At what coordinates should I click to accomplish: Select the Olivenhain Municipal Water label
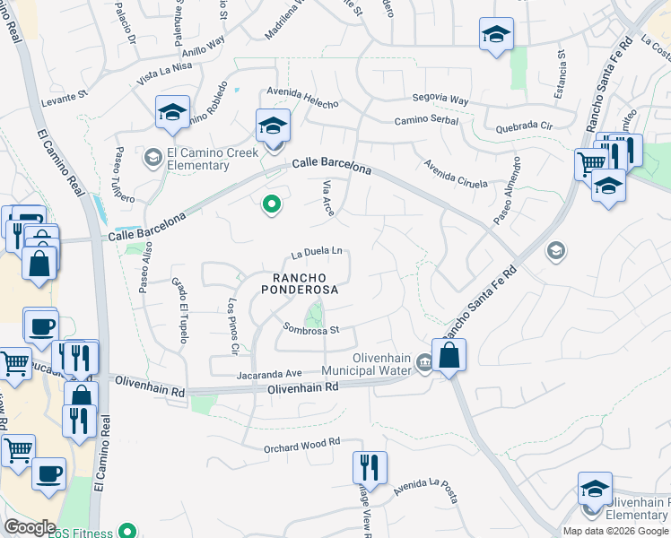pos(382,364)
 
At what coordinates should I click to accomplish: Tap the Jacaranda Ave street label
pos(269,373)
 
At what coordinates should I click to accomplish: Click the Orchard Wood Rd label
pos(302,442)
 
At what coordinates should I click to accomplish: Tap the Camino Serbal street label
pos(428,121)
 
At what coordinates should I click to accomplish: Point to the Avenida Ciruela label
pos(456,173)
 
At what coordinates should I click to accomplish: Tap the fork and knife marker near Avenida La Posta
pos(369,466)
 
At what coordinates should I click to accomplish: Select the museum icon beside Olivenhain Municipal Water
pos(423,363)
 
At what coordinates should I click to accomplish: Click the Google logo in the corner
pos(30,527)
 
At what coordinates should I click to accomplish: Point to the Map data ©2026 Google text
pos(615,531)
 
